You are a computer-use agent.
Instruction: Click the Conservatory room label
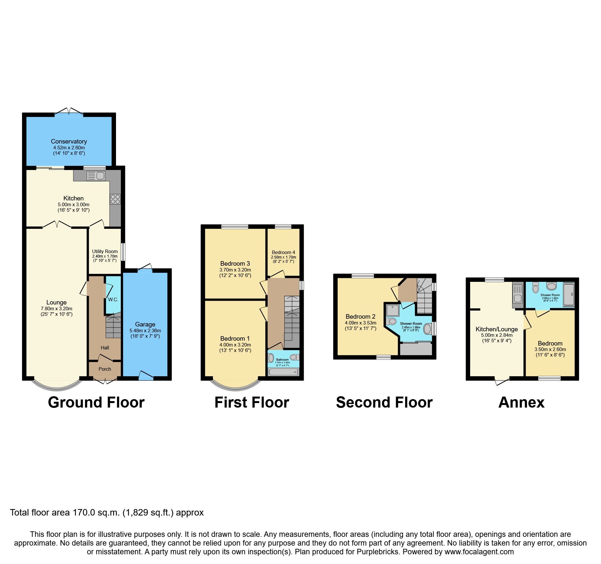(x=69, y=142)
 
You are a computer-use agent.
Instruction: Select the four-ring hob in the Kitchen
(x=115, y=199)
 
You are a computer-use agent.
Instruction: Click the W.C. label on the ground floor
(x=113, y=300)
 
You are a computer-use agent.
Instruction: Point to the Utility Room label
(x=105, y=251)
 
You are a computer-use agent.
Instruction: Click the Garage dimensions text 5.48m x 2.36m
(x=145, y=331)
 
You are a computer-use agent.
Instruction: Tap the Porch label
(x=105, y=369)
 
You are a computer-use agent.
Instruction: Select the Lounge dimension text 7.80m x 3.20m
(x=57, y=309)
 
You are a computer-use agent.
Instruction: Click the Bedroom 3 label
(x=235, y=264)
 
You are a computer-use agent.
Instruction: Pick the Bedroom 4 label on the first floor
(x=283, y=252)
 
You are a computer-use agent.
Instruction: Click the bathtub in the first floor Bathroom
(x=283, y=372)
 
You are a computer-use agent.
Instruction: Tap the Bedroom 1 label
(x=235, y=339)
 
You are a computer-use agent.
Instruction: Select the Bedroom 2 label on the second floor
(x=360, y=317)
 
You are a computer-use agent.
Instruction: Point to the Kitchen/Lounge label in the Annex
(x=497, y=329)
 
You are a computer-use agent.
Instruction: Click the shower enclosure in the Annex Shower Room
(x=569, y=294)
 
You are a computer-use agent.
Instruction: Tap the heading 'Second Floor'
(x=384, y=403)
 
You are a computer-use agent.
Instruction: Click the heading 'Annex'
(x=521, y=403)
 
